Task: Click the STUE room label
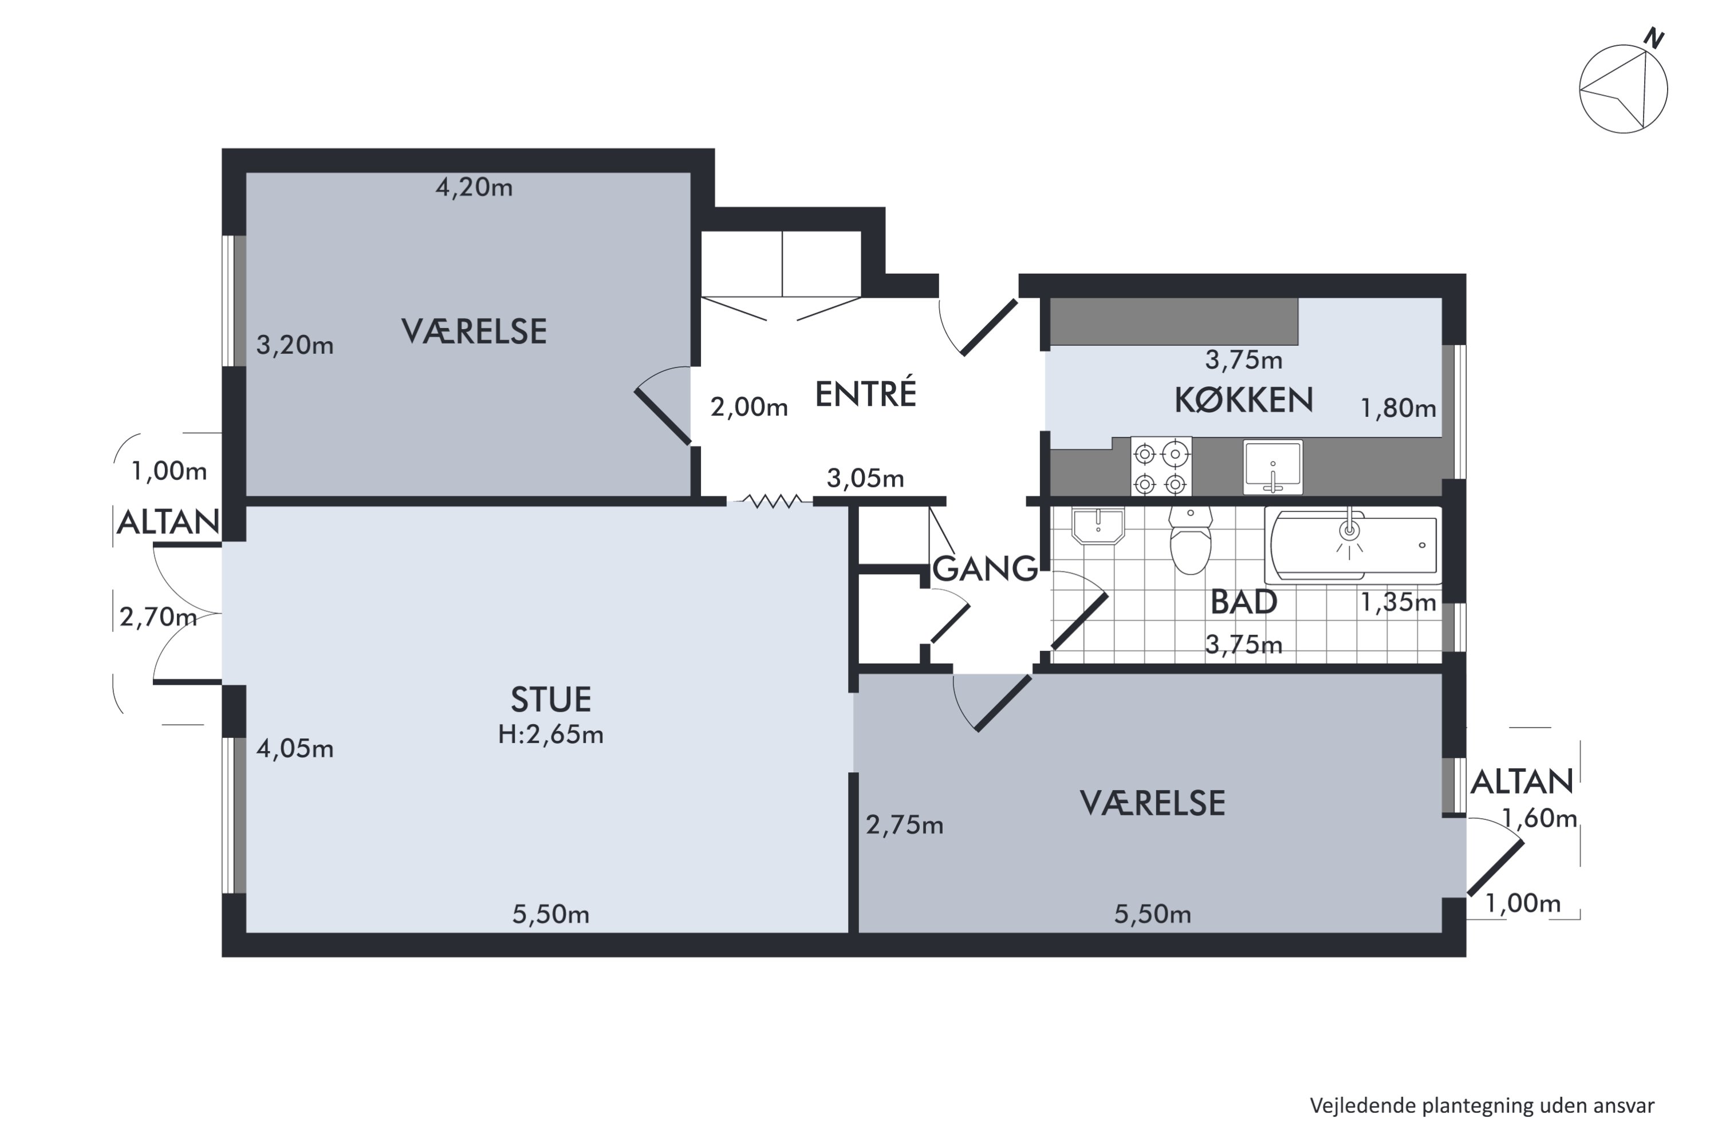[551, 700]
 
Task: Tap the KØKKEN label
[1243, 400]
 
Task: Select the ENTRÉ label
[865, 394]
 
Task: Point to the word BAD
[1243, 602]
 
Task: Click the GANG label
[986, 568]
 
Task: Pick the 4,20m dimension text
[474, 188]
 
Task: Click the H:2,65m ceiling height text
[551, 734]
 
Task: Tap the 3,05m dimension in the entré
[865, 478]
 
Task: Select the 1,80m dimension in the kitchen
[1398, 408]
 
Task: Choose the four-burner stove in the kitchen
[1161, 467]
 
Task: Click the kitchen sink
[1272, 467]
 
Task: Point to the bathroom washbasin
[1098, 526]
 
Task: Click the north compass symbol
[1623, 88]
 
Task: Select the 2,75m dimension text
[904, 825]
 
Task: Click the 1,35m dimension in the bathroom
[1398, 602]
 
